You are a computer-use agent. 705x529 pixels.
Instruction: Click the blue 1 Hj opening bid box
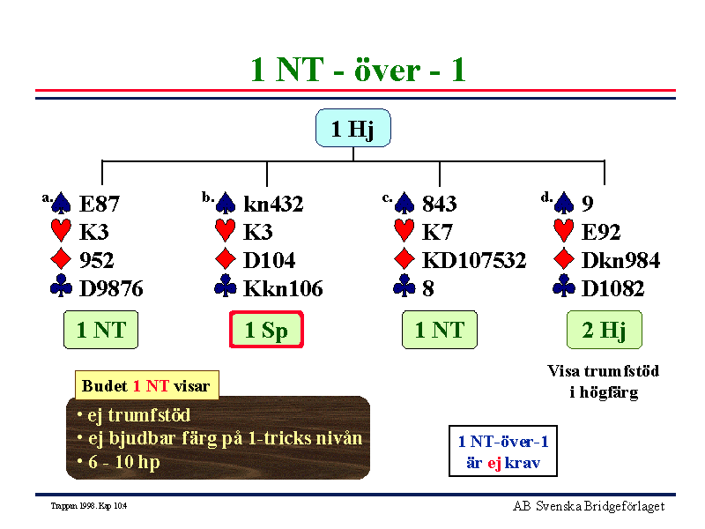(x=353, y=128)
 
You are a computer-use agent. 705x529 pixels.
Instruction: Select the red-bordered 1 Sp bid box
(x=266, y=330)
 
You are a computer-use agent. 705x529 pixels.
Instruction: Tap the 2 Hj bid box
(x=605, y=330)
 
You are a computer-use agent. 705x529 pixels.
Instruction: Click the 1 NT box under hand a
(x=100, y=330)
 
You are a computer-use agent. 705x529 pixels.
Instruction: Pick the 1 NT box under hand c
(x=439, y=330)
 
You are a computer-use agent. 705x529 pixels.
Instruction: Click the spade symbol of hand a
(x=61, y=204)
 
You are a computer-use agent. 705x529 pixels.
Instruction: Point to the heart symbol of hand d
(x=564, y=231)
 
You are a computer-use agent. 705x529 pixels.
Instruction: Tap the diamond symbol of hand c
(x=404, y=259)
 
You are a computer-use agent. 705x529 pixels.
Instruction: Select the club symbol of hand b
(x=226, y=286)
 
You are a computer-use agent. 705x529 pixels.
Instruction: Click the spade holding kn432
(x=273, y=204)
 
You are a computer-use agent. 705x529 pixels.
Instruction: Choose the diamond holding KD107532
(x=474, y=260)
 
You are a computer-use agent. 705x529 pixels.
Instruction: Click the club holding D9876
(x=111, y=289)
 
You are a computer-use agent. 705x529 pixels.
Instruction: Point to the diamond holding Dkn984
(x=620, y=260)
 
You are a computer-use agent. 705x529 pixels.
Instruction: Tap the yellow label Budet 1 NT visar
(x=146, y=385)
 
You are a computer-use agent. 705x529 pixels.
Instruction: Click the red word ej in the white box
(x=494, y=464)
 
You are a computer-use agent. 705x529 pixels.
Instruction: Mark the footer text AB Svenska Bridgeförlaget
(x=589, y=506)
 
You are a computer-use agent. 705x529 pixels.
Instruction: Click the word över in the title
(x=388, y=71)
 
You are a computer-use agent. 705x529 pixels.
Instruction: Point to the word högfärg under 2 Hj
(x=609, y=392)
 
